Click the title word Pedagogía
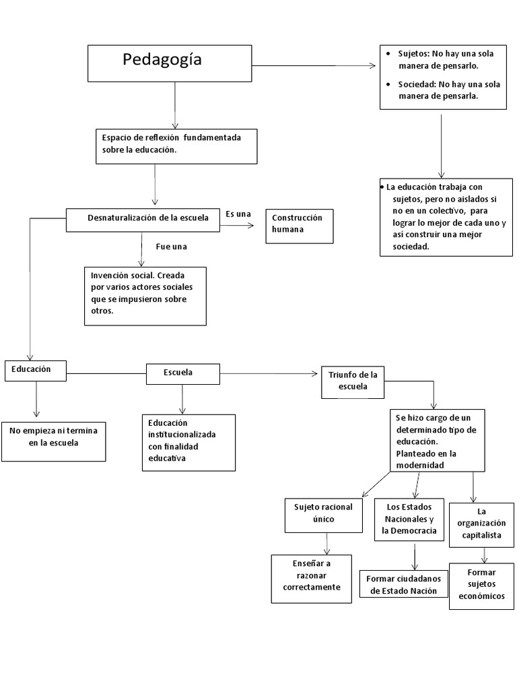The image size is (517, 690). pyautogui.click(x=162, y=59)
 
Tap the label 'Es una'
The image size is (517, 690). pyautogui.click(x=238, y=214)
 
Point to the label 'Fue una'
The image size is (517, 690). pyautogui.click(x=171, y=247)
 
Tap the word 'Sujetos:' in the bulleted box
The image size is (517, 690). pyautogui.click(x=414, y=54)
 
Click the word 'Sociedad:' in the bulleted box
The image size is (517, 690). pyautogui.click(x=417, y=84)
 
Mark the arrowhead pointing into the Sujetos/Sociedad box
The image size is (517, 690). pyautogui.click(x=373, y=65)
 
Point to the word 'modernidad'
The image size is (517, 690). pyautogui.click(x=420, y=465)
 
